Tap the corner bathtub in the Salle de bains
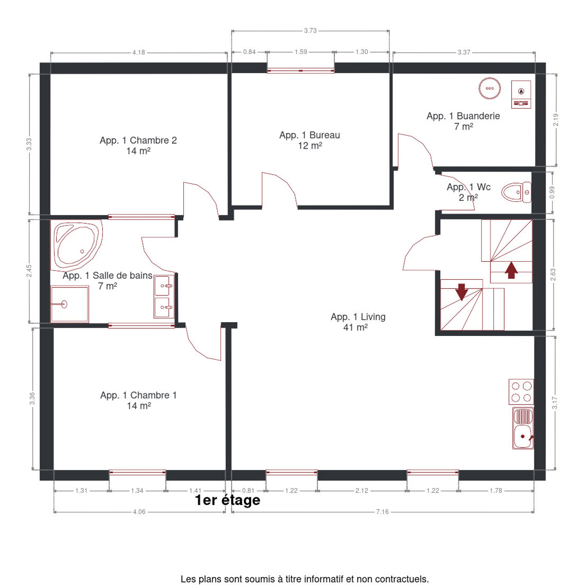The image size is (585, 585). pos(78,246)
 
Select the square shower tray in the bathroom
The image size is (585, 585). pos(70,304)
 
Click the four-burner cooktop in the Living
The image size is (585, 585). pos(521,391)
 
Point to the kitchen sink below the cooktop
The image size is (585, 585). pos(523,428)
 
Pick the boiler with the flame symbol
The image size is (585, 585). pos(521,95)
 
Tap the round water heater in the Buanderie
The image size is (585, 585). pos(489,88)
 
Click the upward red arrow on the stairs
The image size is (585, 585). pos(511,270)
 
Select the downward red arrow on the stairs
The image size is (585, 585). pos(462,292)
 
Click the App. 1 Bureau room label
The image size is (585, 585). pos(310,135)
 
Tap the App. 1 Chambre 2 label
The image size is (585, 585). pos(138,140)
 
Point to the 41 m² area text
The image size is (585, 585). pos(355,328)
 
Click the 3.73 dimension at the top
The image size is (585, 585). pos(310,31)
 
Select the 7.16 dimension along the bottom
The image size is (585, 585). pos(382,512)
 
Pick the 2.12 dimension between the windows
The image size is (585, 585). pos(362,490)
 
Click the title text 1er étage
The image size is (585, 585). pos(228,500)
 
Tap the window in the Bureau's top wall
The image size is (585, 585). pos(301,70)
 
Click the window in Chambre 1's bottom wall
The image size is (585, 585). pos(137,473)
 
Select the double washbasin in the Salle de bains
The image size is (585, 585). pos(164,296)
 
